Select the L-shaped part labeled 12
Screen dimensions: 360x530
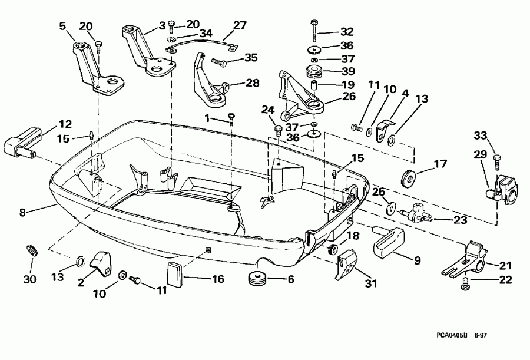pos(21,143)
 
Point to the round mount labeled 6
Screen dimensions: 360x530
pos(257,279)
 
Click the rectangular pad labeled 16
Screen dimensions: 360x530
pos(174,275)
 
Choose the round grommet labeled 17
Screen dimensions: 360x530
pos(406,177)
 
